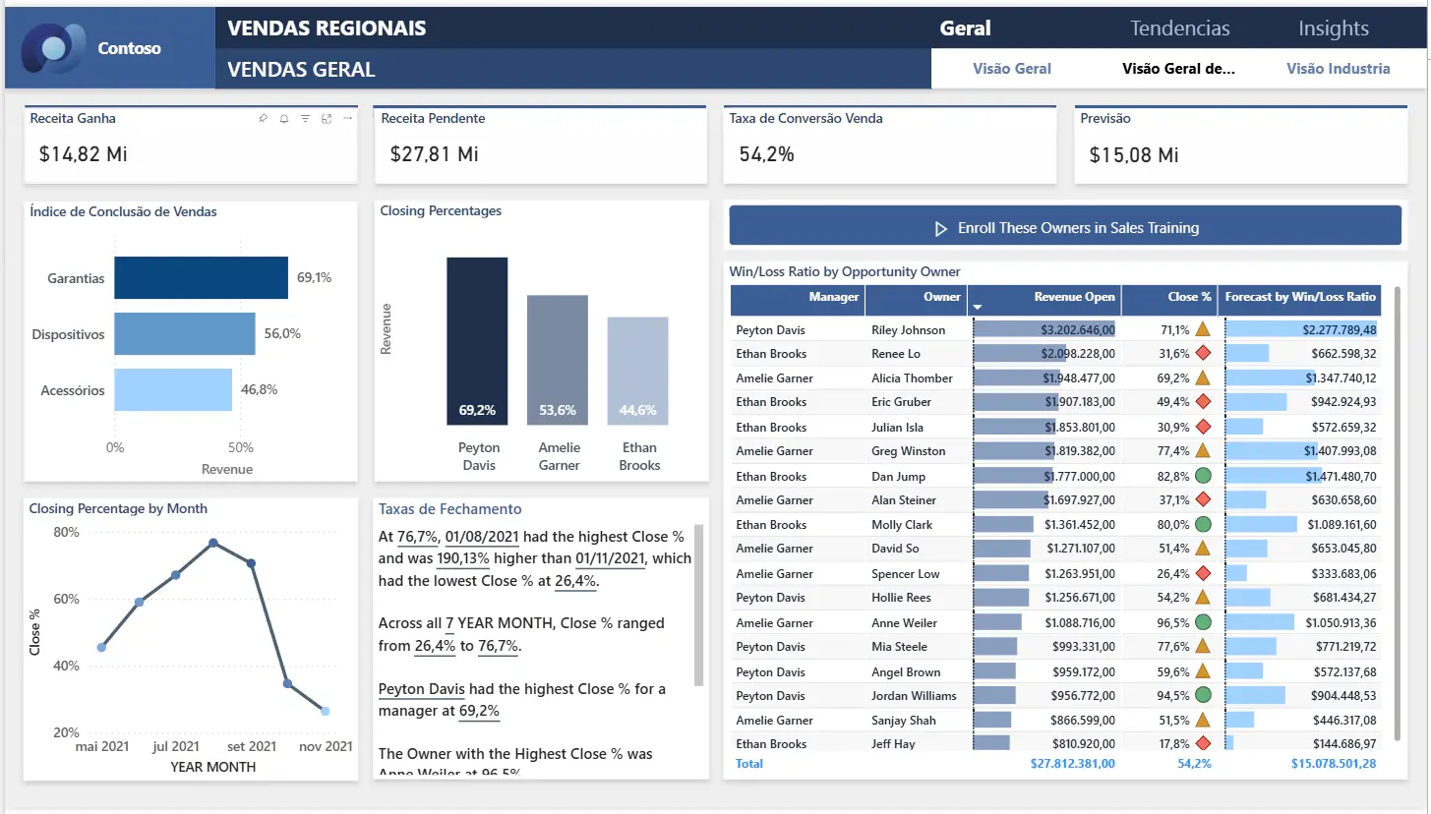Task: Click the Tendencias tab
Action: click(x=1179, y=29)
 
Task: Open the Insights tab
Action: click(x=1334, y=29)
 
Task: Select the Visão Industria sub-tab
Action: click(x=1338, y=68)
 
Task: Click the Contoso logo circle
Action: click(x=52, y=48)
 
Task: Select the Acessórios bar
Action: click(x=173, y=389)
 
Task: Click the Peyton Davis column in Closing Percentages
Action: click(x=477, y=341)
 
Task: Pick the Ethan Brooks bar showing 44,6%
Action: click(x=637, y=371)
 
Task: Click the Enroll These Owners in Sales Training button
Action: click(x=1065, y=228)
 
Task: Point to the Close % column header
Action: click(x=1189, y=297)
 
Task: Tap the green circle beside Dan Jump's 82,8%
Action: click(x=1203, y=476)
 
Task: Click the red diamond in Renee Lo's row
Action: click(x=1203, y=353)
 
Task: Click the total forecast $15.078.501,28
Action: click(x=1334, y=764)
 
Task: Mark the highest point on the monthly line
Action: click(x=213, y=543)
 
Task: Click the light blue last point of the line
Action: click(x=326, y=711)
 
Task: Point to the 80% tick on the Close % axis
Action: click(x=67, y=532)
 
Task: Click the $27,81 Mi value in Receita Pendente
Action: click(x=434, y=154)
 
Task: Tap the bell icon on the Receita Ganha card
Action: click(x=284, y=119)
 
